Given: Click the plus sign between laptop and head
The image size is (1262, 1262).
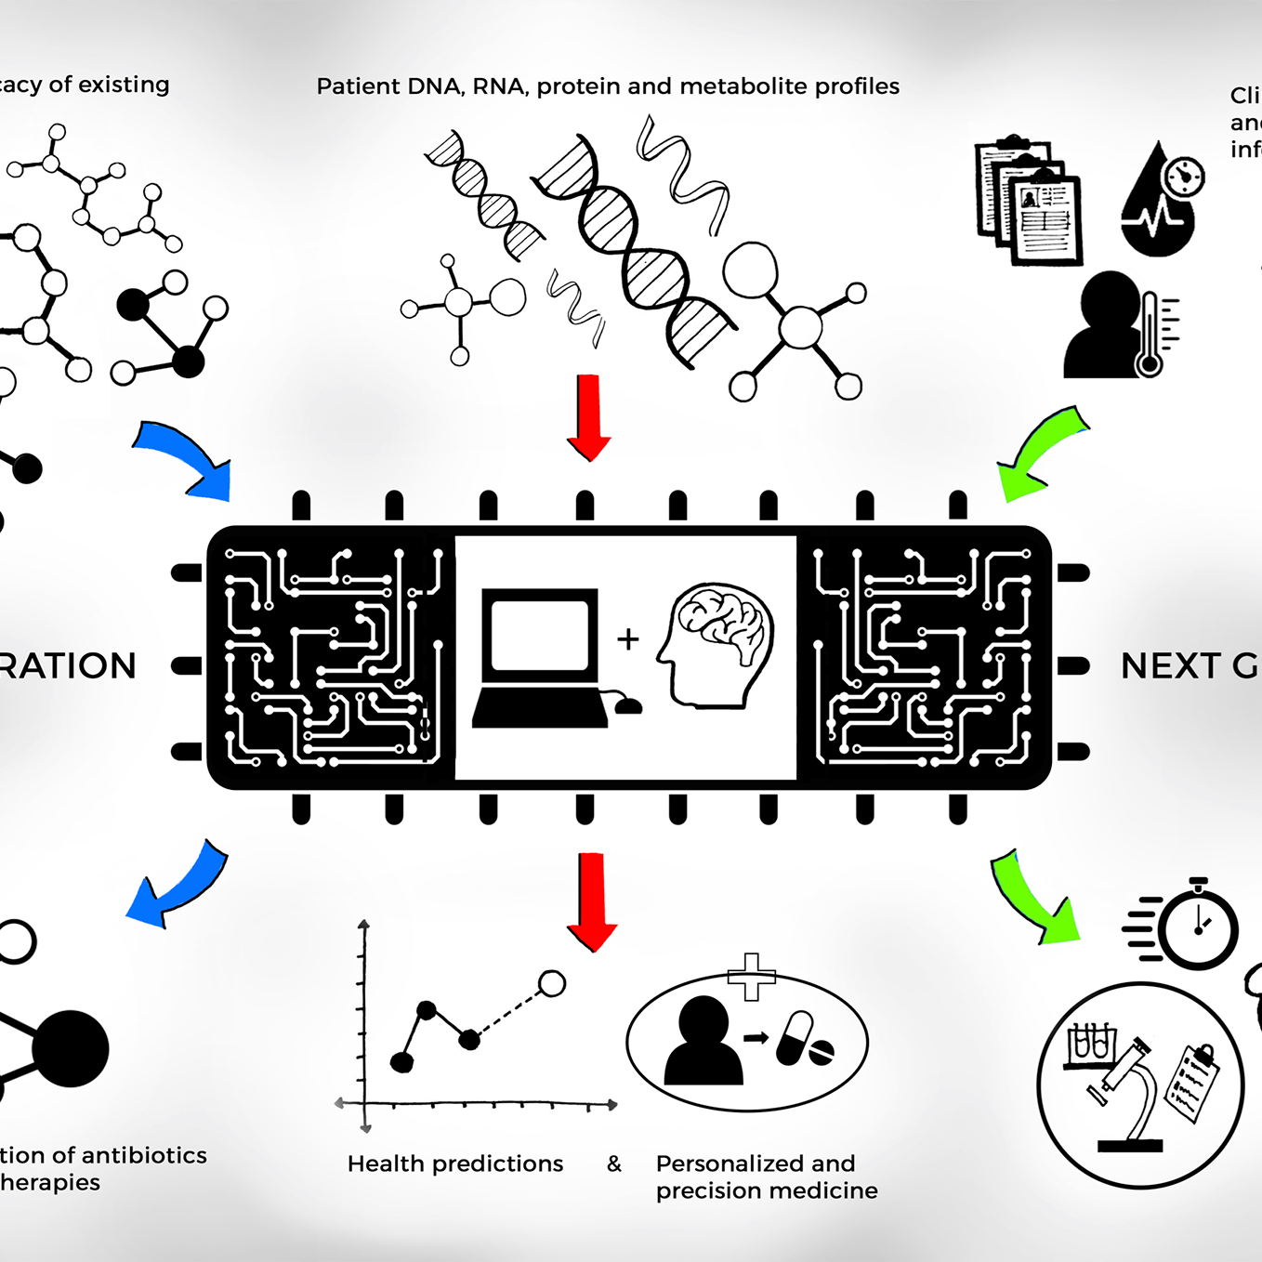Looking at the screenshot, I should click(x=628, y=639).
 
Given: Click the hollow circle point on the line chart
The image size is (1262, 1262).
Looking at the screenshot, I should click(x=552, y=983).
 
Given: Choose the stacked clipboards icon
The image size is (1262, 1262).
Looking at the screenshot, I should click(x=1028, y=201).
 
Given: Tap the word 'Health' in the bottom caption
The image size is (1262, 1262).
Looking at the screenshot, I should click(x=386, y=1163).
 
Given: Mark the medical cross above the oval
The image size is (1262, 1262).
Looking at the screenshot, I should click(x=751, y=977).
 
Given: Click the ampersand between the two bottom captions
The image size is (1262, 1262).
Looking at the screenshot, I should click(x=614, y=1163).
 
